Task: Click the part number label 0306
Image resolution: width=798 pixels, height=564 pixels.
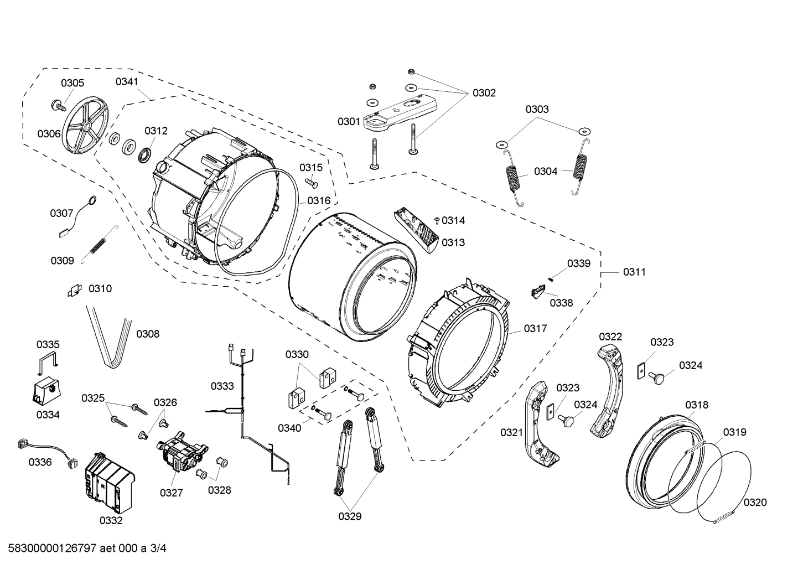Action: pyautogui.click(x=49, y=133)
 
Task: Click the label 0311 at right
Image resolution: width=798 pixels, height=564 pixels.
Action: pyautogui.click(x=634, y=272)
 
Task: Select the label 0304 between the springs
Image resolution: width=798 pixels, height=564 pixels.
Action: pyautogui.click(x=546, y=171)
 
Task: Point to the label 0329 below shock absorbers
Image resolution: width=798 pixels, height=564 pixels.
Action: pyautogui.click(x=350, y=516)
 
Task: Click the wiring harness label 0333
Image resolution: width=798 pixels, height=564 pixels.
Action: pyautogui.click(x=222, y=386)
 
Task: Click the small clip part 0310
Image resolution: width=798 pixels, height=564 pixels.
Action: pyautogui.click(x=74, y=289)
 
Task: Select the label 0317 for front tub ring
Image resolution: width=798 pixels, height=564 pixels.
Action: pyautogui.click(x=535, y=328)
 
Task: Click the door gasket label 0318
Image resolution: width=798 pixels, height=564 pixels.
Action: pyautogui.click(x=696, y=405)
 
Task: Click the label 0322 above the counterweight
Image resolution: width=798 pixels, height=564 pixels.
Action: pyautogui.click(x=610, y=337)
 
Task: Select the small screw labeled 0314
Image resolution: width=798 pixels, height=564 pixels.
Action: pyautogui.click(x=437, y=220)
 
